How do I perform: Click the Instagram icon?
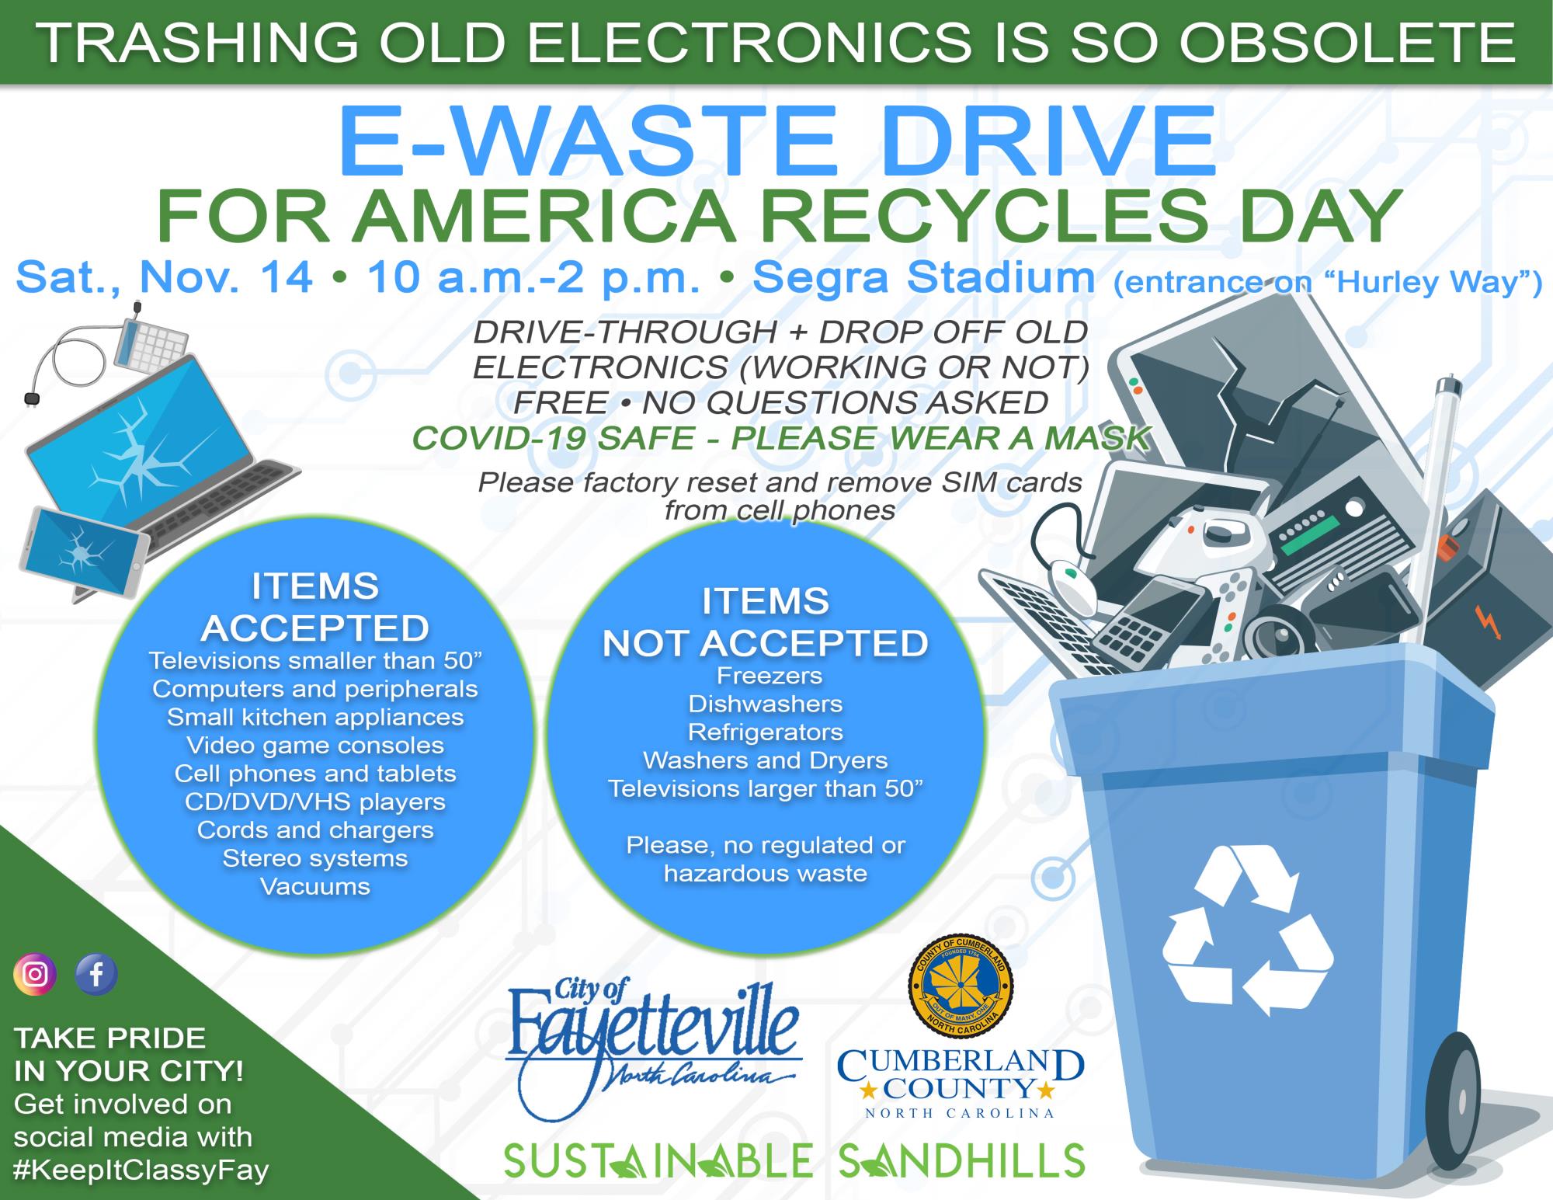35,974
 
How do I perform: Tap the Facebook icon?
96,974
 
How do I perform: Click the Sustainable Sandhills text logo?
794,1160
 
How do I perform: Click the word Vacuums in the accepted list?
315,886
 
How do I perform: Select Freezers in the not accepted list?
770,676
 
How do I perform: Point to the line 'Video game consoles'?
315,746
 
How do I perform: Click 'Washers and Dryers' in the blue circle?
765,760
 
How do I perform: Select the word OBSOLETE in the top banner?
1347,43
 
